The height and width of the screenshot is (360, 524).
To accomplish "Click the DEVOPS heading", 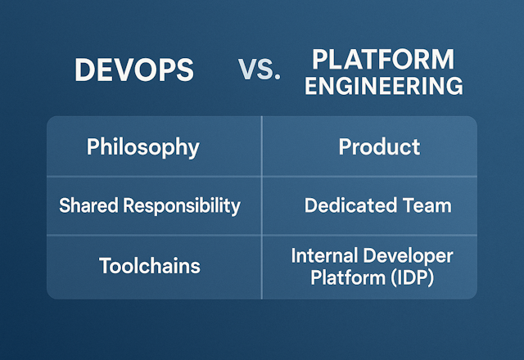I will click(x=134, y=70).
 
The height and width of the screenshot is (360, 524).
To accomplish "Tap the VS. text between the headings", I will click(x=260, y=71).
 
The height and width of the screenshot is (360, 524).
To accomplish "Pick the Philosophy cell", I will click(x=142, y=147).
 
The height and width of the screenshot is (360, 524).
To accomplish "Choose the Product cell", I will click(x=379, y=147).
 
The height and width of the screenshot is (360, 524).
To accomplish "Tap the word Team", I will click(x=427, y=205).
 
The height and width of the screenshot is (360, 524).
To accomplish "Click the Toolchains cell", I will click(x=150, y=266).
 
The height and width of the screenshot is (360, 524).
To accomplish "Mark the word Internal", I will click(x=323, y=256).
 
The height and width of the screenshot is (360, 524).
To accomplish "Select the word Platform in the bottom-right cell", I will click(x=344, y=277).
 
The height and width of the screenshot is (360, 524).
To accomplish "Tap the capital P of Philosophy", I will click(x=93, y=147).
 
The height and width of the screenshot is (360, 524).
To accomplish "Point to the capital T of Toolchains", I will click(x=105, y=266).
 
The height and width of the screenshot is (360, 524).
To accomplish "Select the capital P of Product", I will click(x=345, y=147).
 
